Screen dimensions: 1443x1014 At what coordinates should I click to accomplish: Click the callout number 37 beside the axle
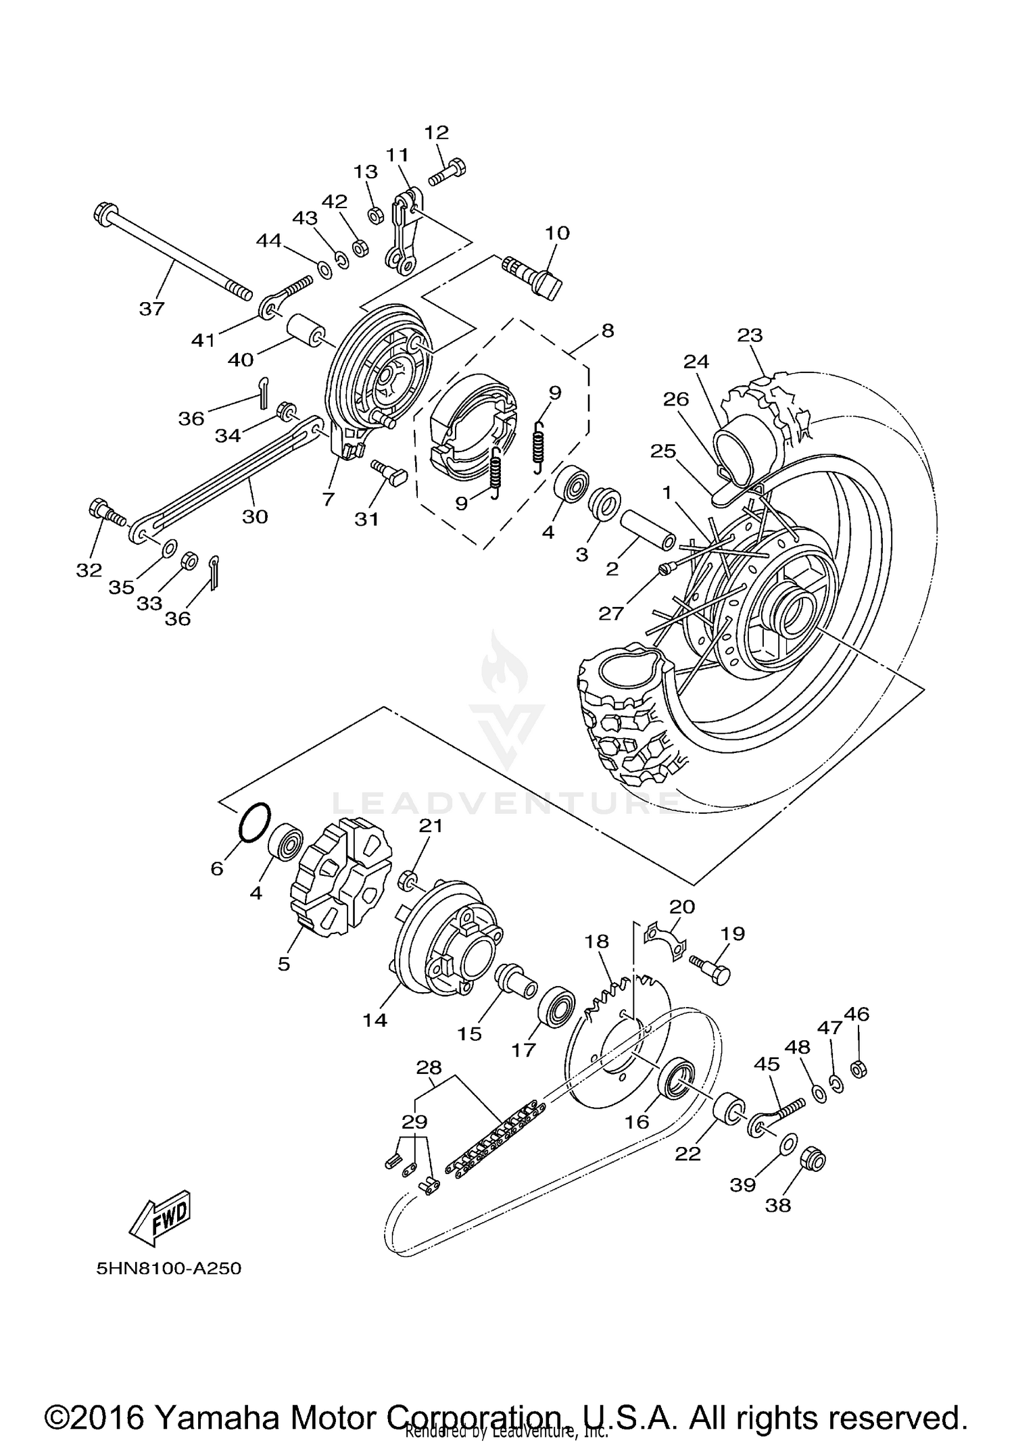coord(151,309)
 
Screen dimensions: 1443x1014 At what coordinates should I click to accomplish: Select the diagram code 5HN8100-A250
coord(168,1269)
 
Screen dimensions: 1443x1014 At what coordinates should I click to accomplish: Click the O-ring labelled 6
coord(254,823)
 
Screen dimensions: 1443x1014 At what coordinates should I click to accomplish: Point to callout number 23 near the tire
coord(750,335)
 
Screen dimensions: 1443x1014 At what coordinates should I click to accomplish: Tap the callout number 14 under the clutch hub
coord(375,1020)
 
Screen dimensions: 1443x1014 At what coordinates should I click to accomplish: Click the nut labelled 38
coord(814,1160)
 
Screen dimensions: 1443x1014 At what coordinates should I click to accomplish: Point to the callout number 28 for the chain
coord(429,1067)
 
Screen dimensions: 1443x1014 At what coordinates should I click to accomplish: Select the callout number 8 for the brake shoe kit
coord(607,331)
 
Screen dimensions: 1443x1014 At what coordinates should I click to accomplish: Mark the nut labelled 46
coord(858,1069)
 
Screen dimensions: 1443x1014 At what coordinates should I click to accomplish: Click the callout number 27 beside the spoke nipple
coord(610,613)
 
